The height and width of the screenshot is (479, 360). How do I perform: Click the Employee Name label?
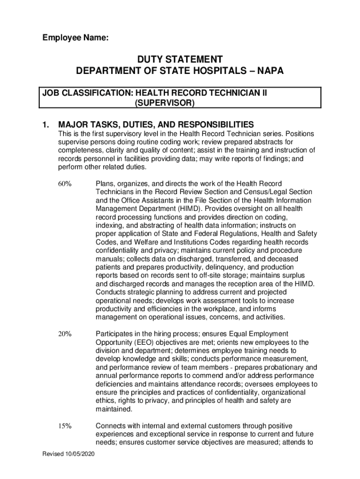point(75,40)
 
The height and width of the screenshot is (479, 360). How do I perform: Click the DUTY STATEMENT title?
point(180,59)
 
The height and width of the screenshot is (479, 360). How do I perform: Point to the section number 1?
point(45,125)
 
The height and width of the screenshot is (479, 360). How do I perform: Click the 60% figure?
point(65,184)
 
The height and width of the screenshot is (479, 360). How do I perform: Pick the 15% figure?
point(65,426)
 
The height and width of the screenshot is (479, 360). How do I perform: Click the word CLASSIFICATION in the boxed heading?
point(96,93)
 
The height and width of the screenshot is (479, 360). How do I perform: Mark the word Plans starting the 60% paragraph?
point(105,184)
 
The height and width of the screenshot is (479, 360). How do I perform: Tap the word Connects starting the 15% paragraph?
point(111,426)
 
